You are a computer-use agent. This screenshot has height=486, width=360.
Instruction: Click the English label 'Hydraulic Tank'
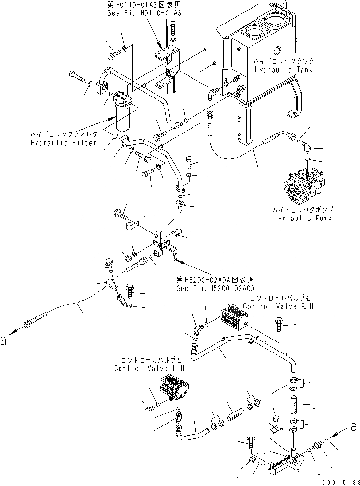point(284,70)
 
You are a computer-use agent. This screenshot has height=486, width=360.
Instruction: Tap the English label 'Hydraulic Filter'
point(64,143)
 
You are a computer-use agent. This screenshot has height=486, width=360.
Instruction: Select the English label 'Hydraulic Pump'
point(303,218)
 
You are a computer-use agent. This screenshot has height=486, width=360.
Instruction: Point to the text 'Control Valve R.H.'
point(278,306)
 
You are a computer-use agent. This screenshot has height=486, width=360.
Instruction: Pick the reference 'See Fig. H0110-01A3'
point(144,13)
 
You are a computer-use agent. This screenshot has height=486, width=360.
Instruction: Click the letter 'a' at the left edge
point(4,340)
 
